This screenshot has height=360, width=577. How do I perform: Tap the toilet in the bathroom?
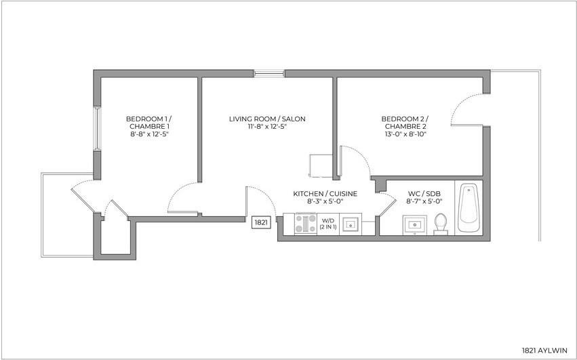pos(441,223)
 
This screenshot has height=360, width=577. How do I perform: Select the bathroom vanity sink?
pos(414,224)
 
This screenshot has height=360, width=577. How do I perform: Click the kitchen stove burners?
pos(305,224)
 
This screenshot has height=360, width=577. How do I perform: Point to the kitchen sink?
pos(351,224)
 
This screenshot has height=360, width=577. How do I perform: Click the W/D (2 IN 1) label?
pos(328,224)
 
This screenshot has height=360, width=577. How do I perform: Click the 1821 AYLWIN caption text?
pos(544,351)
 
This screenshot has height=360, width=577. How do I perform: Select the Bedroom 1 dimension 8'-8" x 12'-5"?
pos(148,134)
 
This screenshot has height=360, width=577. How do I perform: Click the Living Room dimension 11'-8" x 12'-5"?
pos(266,127)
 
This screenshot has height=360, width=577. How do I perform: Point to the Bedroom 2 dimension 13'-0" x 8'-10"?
pos(405,134)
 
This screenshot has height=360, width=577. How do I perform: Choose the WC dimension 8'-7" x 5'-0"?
pos(424,201)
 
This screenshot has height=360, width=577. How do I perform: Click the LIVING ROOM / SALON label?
pos(266,119)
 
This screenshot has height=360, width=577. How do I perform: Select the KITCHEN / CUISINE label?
pos(325,193)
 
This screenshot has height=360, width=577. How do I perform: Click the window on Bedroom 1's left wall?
pos(98,128)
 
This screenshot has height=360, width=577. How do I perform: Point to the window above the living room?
pos(269,72)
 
